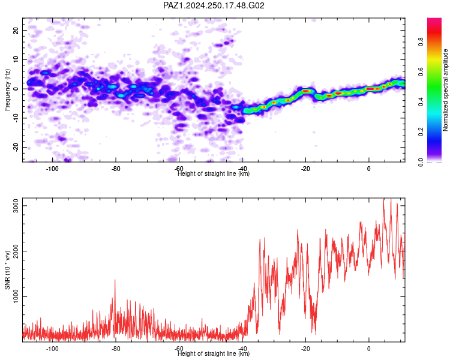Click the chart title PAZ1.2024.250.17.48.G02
click(214, 5)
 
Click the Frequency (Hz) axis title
click(7, 89)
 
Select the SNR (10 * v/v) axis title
click(7, 270)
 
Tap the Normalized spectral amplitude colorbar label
click(445, 90)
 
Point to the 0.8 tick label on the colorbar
click(421, 41)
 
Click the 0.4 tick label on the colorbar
click(421, 101)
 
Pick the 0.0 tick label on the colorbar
click(421, 162)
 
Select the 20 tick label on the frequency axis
click(16, 30)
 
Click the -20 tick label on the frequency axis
click(16, 148)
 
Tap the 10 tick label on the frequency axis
click(16, 59)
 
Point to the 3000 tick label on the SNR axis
click(16, 206)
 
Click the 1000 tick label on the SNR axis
click(16, 296)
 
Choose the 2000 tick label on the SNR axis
click(16, 251)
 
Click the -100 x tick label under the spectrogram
click(52, 169)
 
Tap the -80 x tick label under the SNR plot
click(116, 349)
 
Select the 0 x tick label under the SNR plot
click(369, 349)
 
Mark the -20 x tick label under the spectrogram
click(305, 169)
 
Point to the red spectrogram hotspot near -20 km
click(306, 91)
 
